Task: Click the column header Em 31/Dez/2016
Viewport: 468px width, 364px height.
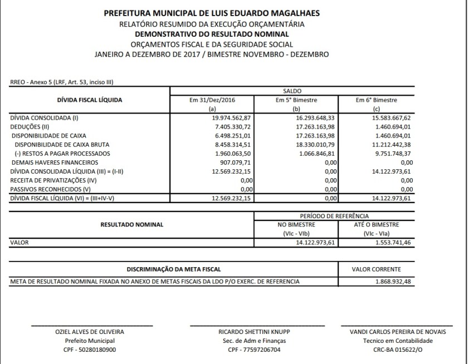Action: click(x=212, y=100)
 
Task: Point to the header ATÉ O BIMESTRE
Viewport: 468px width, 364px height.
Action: click(x=376, y=225)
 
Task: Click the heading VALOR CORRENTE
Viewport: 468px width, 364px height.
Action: click(x=376, y=268)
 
